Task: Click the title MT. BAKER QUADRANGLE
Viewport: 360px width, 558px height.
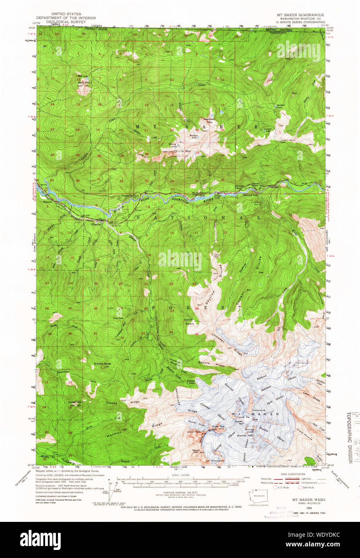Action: tap(300, 14)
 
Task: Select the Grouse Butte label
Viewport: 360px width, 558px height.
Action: tap(102, 364)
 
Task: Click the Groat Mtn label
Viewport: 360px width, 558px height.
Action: tap(75, 402)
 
